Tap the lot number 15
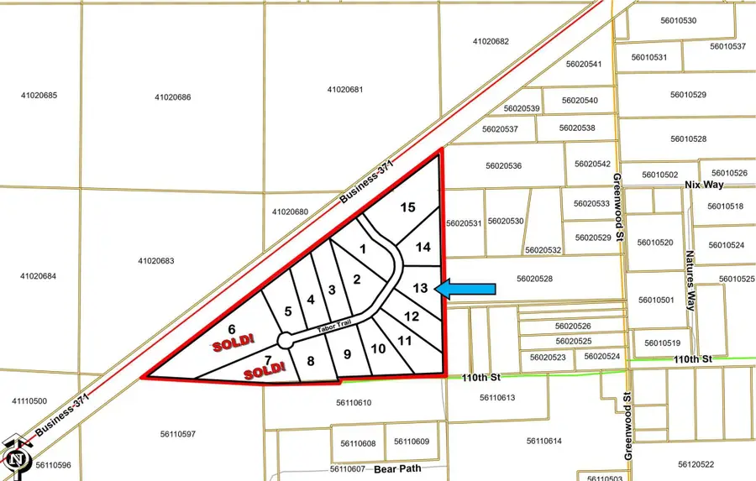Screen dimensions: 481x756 point(407,207)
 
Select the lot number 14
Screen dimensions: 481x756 point(423,247)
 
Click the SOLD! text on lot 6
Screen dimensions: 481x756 point(228,344)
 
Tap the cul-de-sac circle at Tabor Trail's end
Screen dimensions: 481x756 point(285,341)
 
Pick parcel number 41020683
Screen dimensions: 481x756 point(156,261)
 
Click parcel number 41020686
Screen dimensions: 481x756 point(173,97)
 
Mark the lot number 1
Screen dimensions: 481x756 point(363,248)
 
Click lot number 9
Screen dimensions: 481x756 point(347,354)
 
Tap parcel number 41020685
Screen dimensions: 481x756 point(39,96)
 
